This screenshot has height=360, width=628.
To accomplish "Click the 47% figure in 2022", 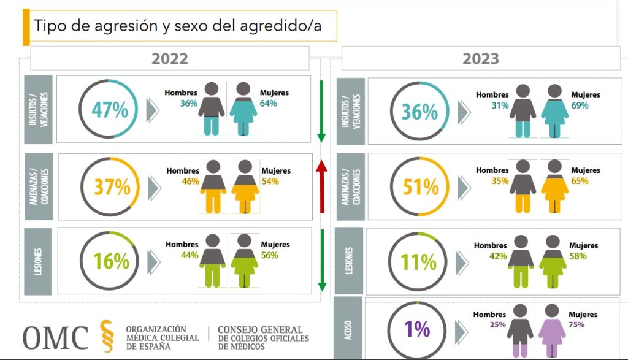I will [110, 110].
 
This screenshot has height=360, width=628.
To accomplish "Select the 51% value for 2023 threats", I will [421, 186].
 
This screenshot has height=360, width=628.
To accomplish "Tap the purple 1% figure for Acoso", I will [418, 330].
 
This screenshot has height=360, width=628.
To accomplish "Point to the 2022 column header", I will [170, 59].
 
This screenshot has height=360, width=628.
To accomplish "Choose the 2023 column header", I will [481, 59].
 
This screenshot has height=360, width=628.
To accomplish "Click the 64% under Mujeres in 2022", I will [268, 103].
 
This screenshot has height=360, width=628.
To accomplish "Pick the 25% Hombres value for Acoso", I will [497, 324].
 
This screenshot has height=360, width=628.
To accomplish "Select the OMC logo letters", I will [56, 338].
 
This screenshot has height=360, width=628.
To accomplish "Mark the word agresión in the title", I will [110, 26].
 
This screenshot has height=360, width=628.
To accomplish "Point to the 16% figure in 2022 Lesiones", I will [112, 261].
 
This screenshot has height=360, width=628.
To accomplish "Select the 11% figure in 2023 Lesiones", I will [418, 262].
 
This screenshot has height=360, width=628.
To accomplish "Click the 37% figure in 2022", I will [112, 186].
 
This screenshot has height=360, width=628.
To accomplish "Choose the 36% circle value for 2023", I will [419, 112].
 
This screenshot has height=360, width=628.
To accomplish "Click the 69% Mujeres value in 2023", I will [580, 105].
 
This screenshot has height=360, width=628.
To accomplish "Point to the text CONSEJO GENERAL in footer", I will [260, 329].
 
